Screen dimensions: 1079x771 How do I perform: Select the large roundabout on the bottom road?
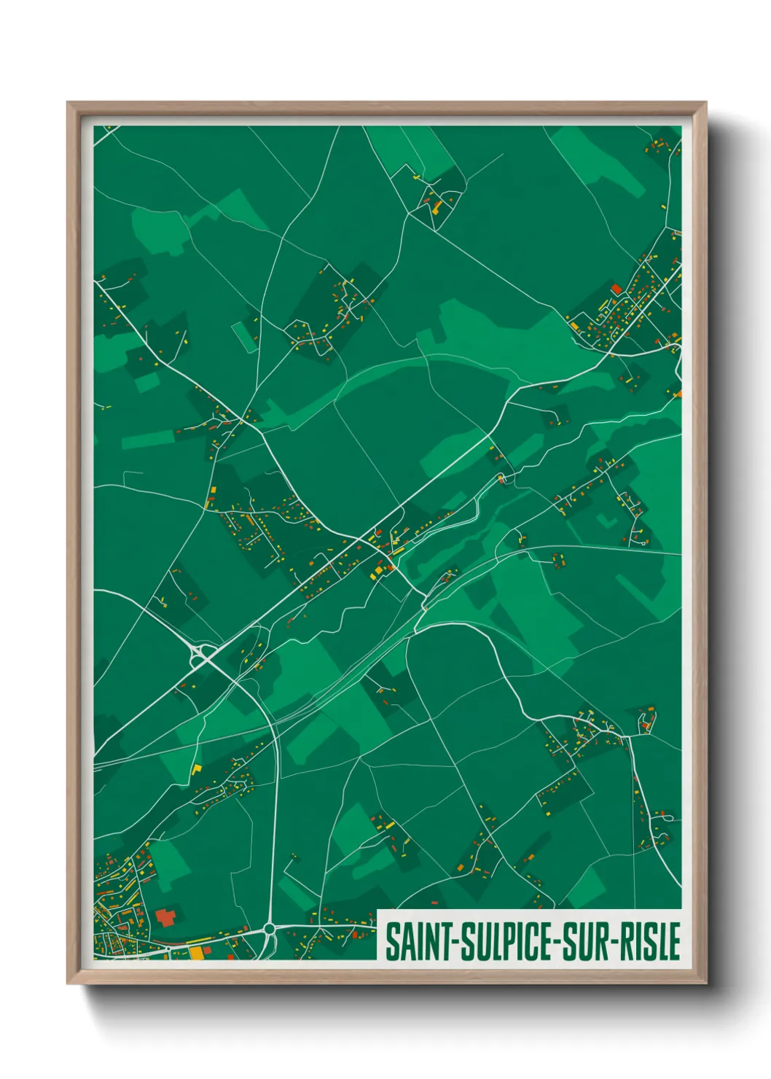point(269,928)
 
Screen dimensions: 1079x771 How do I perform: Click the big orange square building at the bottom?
point(197,953)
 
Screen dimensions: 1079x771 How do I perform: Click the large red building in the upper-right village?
point(617,289)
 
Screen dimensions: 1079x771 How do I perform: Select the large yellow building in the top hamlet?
point(437,206)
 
